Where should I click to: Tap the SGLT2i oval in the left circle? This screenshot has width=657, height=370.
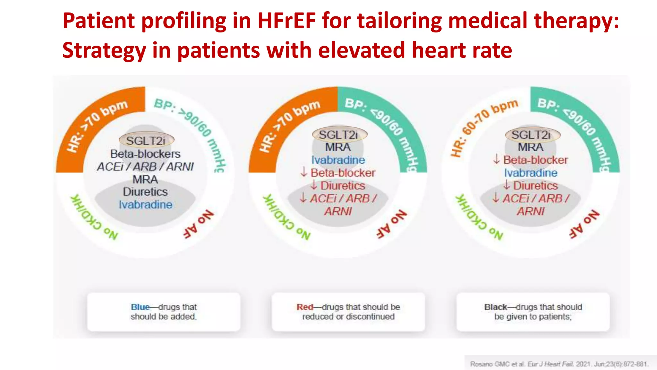[146, 140]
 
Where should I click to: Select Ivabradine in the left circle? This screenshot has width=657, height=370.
[145, 205]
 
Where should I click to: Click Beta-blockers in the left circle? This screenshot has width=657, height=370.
[145, 154]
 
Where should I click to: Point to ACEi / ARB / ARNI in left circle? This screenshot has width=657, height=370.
[145, 167]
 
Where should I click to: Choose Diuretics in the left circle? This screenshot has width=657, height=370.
[145, 192]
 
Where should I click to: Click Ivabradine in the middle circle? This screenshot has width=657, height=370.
[338, 160]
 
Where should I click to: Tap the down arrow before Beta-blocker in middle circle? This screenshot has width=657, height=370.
[303, 172]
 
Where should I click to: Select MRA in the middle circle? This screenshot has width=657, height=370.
[338, 147]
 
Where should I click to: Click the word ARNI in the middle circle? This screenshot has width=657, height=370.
[338, 211]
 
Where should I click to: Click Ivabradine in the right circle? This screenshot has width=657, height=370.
[531, 173]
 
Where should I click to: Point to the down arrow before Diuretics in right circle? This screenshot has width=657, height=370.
[507, 185]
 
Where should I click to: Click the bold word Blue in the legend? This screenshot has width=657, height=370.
[140, 307]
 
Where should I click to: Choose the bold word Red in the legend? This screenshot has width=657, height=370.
[305, 307]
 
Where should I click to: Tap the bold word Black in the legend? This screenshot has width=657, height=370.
[496, 307]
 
